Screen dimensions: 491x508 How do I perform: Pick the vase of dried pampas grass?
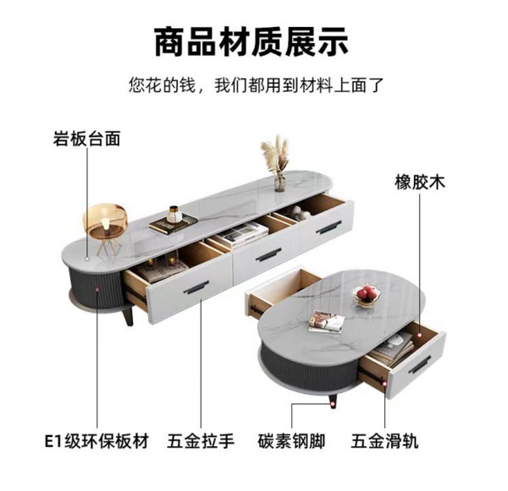click(x=277, y=162)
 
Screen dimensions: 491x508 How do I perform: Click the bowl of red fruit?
click(x=367, y=294)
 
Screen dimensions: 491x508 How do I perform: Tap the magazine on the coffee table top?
click(x=326, y=321)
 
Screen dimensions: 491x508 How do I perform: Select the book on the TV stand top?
click(x=173, y=222)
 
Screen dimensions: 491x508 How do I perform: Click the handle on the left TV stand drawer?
click(x=197, y=289)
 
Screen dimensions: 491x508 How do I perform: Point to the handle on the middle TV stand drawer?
click(x=268, y=256)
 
